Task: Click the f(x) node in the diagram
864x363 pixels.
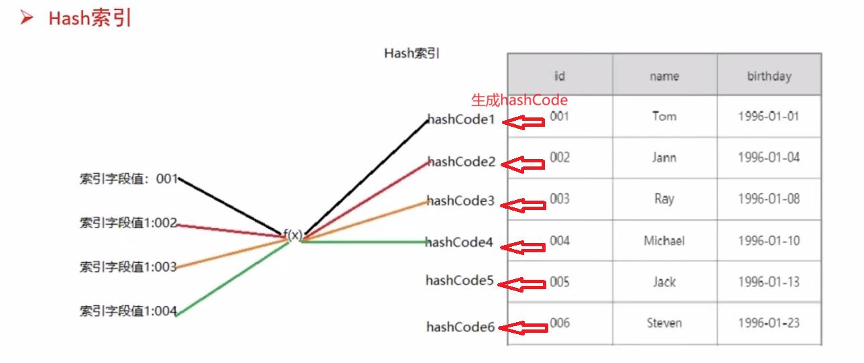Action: [x=293, y=235]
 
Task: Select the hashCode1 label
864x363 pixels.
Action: [x=461, y=120]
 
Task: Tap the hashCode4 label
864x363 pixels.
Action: [x=459, y=243]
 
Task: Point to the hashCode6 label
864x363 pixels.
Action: [x=460, y=327]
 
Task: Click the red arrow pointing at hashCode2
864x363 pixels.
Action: [x=524, y=164]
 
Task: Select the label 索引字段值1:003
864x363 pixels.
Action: [x=128, y=267]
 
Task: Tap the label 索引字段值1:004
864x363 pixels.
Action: [x=128, y=311]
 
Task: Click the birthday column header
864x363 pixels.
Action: [x=769, y=76]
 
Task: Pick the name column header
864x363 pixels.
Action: [x=664, y=76]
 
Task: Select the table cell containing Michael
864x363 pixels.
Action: [x=664, y=240]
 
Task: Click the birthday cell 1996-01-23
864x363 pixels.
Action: [x=769, y=323]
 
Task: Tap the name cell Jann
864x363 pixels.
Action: [x=664, y=158]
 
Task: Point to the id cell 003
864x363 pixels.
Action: [x=560, y=199]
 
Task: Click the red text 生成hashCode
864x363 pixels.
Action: [x=519, y=101]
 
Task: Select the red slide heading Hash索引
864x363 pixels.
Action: [x=90, y=18]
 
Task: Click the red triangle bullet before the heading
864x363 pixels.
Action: [x=27, y=18]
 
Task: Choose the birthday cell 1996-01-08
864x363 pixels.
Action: [x=769, y=199]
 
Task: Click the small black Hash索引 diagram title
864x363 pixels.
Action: [x=412, y=54]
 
